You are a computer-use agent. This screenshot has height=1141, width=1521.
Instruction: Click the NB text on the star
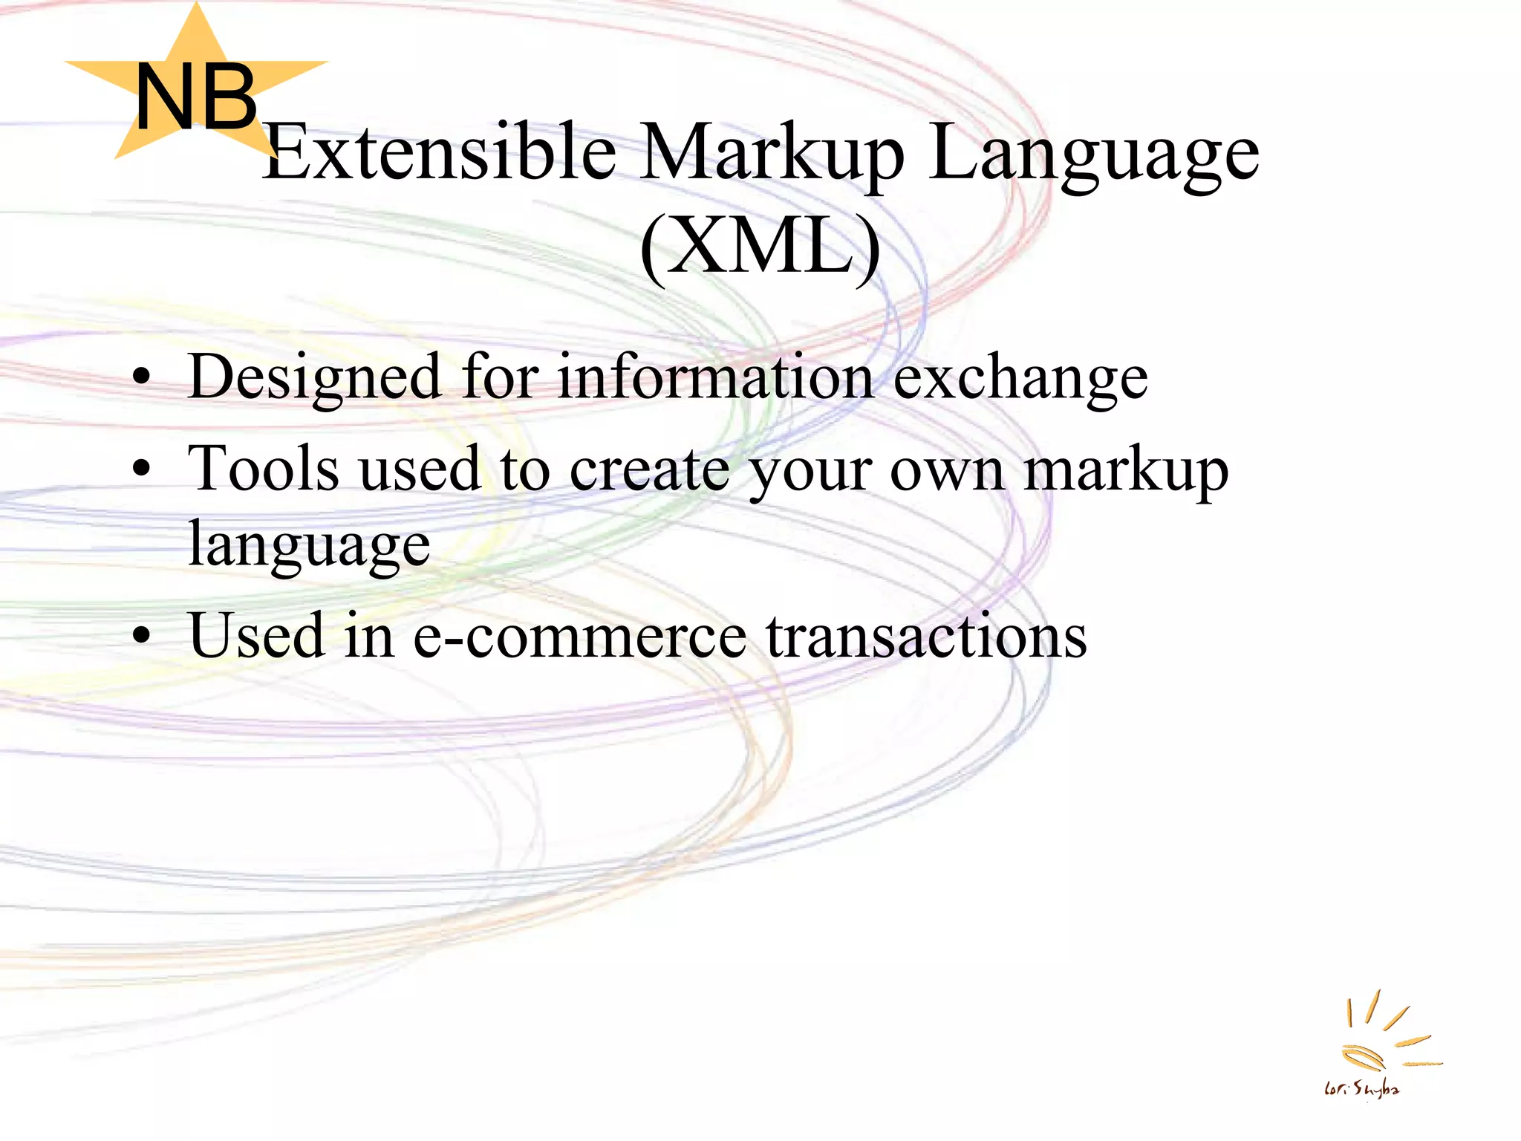tap(196, 97)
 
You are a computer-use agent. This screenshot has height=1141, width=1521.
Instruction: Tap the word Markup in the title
tap(772, 152)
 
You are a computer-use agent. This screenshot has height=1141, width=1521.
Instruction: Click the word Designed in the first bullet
tap(316, 377)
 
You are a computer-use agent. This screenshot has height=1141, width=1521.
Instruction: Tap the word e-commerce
tap(579, 637)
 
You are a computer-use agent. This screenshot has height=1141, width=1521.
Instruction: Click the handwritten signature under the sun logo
tap(1361, 1090)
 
